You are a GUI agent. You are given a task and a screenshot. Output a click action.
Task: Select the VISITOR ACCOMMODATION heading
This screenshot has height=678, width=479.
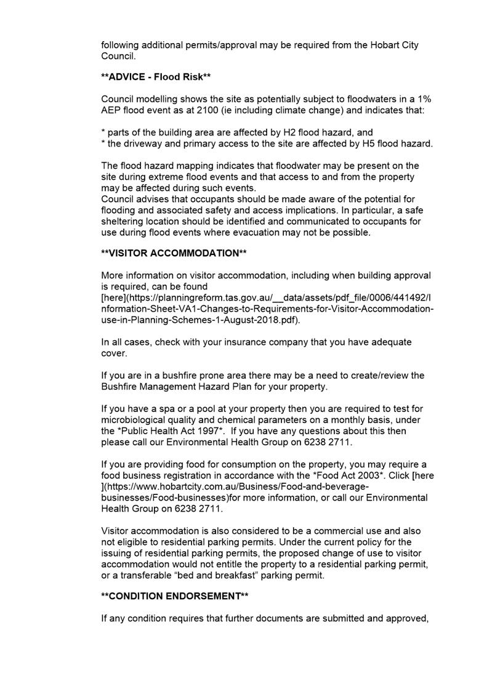tap(174, 253)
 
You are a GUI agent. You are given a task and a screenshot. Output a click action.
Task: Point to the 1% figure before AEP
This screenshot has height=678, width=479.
tap(424, 99)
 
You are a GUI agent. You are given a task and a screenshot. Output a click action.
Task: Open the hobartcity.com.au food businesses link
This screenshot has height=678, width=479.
tap(234, 486)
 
